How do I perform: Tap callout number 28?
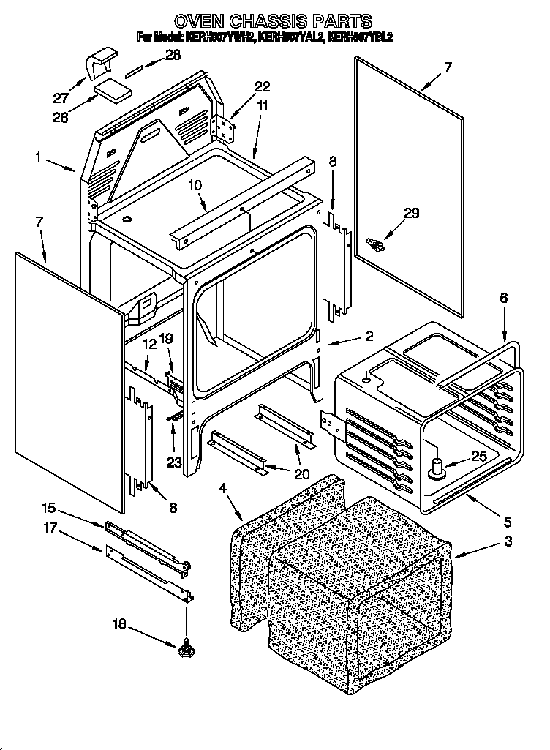pyautogui.click(x=172, y=55)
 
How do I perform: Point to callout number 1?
pyautogui.click(x=38, y=157)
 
